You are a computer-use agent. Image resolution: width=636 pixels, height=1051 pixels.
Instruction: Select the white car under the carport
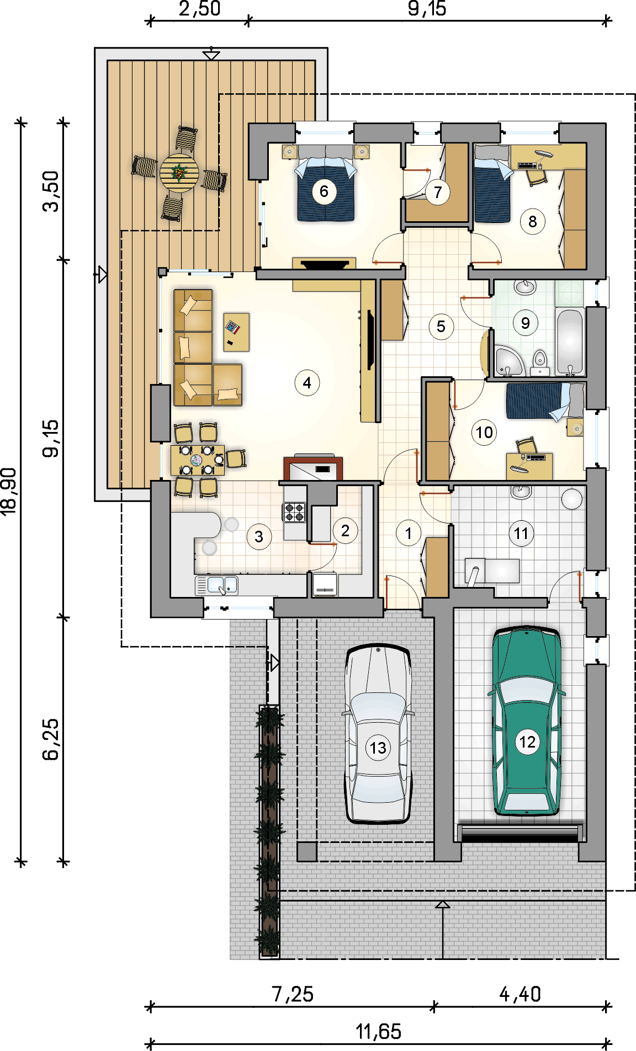tap(378, 734)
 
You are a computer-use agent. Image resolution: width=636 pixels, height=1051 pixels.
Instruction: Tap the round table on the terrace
tap(179, 173)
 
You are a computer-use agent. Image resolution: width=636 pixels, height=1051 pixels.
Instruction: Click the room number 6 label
tap(324, 191)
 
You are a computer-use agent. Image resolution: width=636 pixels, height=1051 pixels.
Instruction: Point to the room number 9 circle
tap(525, 323)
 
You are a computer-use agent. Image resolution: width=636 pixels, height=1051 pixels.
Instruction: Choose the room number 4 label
tap(307, 382)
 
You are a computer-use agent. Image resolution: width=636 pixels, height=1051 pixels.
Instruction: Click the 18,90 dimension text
tap(9, 492)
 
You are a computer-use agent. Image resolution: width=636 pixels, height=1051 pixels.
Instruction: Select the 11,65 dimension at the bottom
tap(378, 1031)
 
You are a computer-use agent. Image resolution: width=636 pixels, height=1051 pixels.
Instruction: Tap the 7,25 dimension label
tap(293, 994)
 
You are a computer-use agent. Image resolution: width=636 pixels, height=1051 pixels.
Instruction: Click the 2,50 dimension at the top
tap(200, 9)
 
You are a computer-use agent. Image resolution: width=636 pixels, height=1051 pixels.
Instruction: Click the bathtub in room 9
tap(570, 342)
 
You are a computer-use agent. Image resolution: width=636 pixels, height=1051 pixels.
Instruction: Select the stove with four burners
tap(294, 512)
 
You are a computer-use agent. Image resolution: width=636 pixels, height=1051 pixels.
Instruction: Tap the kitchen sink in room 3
tap(217, 585)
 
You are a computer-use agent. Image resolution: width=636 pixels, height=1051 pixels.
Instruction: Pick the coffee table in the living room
tap(236, 332)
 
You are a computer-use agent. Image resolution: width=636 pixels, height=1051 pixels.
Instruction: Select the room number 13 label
tap(378, 748)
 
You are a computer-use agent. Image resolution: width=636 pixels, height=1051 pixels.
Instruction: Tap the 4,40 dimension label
tap(520, 994)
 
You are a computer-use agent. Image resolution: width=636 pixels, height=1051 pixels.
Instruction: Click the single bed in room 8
tap(492, 184)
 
